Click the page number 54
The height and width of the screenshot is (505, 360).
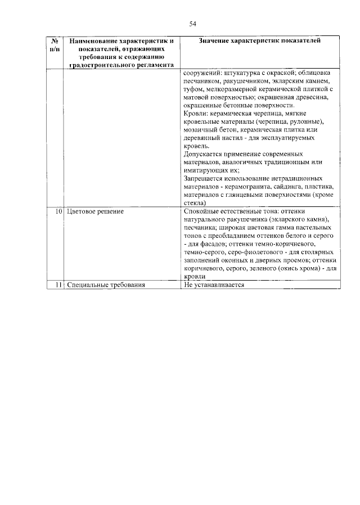pyautogui.click(x=192, y=23)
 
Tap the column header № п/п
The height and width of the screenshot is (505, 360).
pyautogui.click(x=55, y=46)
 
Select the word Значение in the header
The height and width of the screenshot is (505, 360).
pyautogui.click(x=219, y=41)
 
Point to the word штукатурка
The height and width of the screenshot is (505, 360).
pyautogui.click(x=245, y=73)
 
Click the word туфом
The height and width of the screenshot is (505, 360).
pyautogui.click(x=195, y=89)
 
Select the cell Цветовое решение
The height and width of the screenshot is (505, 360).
pyautogui.click(x=94, y=211)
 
